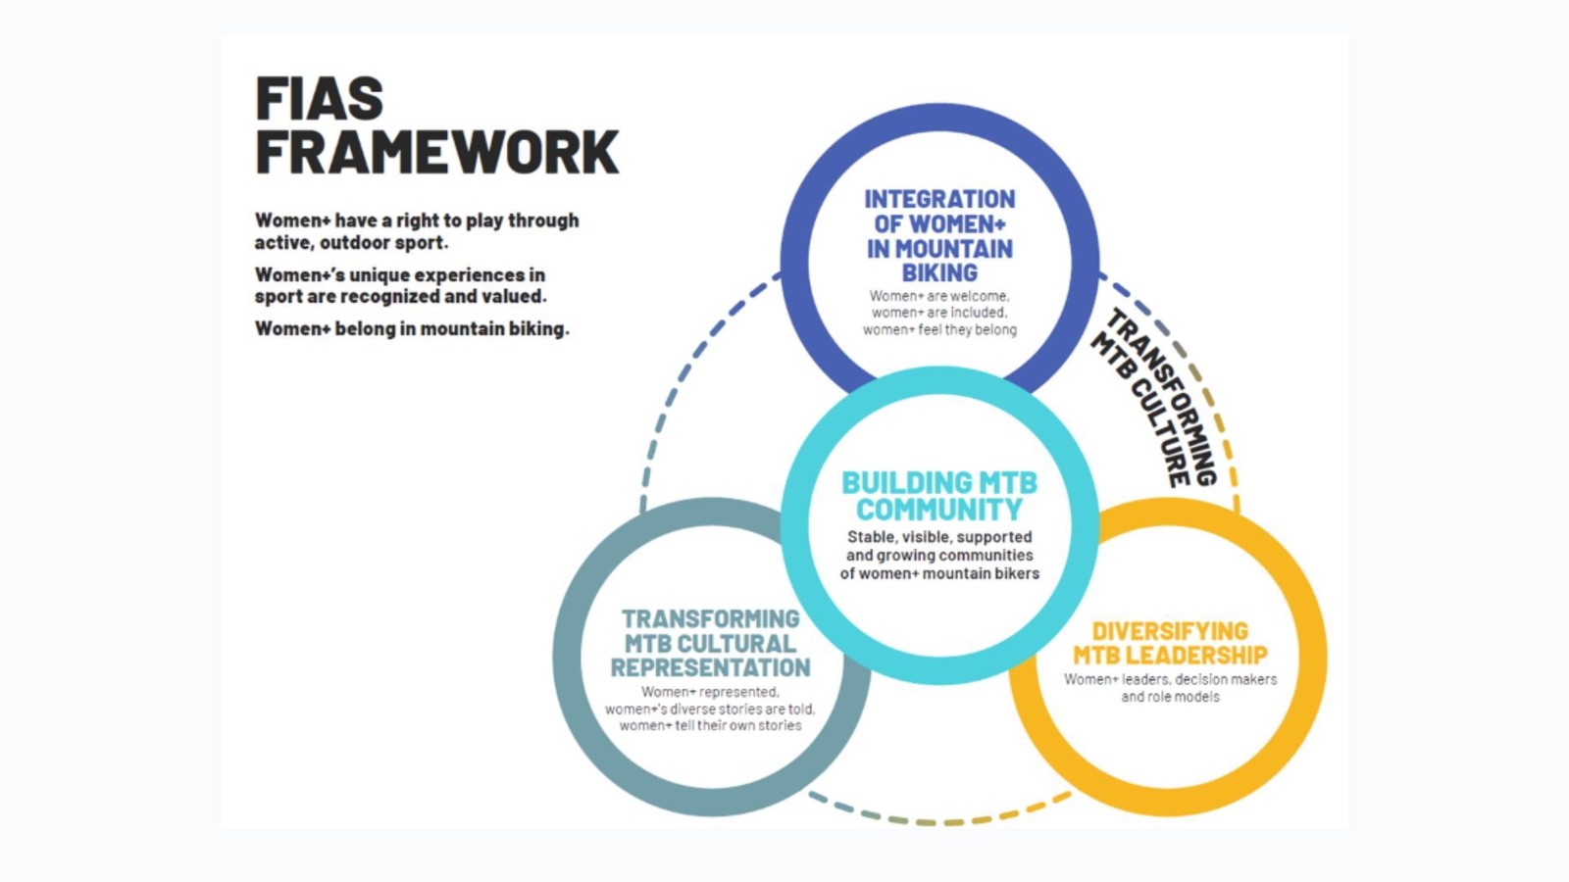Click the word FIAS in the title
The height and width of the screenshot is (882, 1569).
click(319, 99)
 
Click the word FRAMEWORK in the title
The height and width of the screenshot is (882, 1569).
click(436, 153)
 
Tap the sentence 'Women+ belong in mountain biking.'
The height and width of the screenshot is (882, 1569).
click(412, 329)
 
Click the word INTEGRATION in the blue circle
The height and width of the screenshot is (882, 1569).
click(939, 200)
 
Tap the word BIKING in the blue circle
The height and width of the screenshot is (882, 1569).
click(939, 272)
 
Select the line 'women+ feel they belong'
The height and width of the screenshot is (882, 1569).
click(939, 330)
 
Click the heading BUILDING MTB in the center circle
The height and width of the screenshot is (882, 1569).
click(939, 483)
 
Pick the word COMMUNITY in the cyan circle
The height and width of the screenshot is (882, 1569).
click(939, 510)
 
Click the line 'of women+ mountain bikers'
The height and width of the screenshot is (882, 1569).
click(939, 573)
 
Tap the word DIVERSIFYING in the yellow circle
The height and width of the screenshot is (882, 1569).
click(1170, 631)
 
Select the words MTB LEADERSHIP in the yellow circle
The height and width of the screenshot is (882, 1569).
click(1170, 656)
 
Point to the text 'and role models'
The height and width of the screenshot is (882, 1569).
click(1170, 697)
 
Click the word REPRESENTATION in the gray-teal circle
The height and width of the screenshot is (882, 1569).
click(710, 668)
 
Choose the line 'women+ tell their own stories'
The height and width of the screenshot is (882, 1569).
click(710, 726)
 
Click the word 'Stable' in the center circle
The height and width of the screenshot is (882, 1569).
click(871, 537)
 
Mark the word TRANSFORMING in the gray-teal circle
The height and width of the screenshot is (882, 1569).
click(710, 619)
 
